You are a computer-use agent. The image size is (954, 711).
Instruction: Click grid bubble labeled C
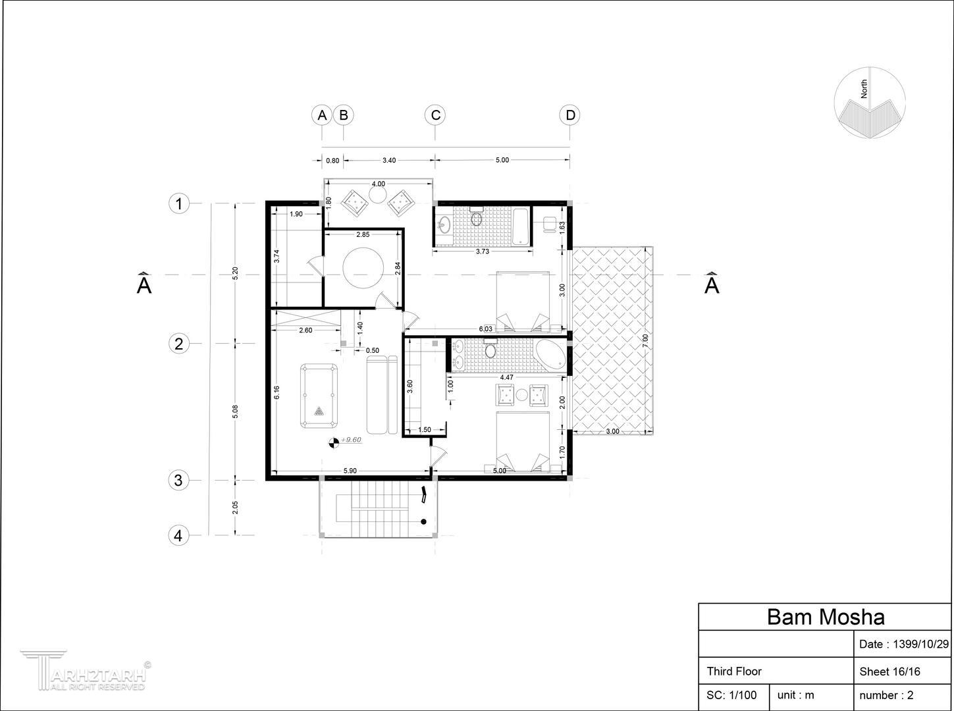coord(435,115)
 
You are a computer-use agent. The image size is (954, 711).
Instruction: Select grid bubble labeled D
coord(570,115)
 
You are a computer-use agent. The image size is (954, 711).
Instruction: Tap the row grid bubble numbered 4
coord(178,535)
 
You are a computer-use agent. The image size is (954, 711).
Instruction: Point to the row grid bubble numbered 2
coord(178,344)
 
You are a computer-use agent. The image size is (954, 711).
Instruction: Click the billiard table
coord(319,396)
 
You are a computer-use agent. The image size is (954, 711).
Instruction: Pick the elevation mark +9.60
coord(346,441)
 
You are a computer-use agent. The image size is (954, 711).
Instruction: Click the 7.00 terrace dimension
coord(645,340)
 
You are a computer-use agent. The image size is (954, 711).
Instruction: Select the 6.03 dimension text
coord(485,329)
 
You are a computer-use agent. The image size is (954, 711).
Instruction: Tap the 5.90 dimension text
coord(350,471)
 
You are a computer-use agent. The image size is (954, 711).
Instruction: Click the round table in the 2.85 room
coord(363,268)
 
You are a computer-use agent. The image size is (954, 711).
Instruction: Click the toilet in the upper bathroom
coord(477,217)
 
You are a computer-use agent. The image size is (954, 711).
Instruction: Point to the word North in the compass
coord(864,89)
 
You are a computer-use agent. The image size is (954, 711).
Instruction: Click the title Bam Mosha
coord(826,617)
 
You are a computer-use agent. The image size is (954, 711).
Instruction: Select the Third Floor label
coord(734,671)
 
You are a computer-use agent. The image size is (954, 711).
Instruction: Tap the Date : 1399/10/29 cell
coord(903,644)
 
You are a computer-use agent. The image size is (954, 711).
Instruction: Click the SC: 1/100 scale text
coord(731,695)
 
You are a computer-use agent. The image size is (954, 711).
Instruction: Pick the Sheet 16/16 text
coord(889,672)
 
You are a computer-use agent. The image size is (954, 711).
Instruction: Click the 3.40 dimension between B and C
coord(389,161)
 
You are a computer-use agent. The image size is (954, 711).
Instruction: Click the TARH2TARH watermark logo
coord(86,671)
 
